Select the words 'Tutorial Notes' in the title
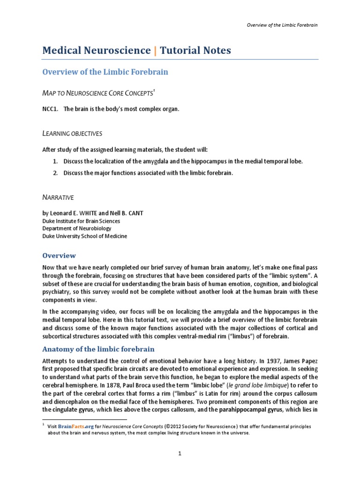[x=195, y=51]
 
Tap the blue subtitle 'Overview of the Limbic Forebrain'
[x=105, y=72]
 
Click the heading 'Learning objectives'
[x=72, y=134]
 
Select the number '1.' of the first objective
[x=55, y=161]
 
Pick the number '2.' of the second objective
[x=55, y=173]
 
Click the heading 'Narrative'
[x=58, y=198]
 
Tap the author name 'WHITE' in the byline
[x=98, y=213]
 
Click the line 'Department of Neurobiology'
[x=76, y=228]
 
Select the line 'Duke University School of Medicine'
[x=84, y=236]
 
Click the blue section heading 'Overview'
[x=59, y=255]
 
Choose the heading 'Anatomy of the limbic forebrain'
[x=98, y=349]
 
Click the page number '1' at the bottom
[x=180, y=454]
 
